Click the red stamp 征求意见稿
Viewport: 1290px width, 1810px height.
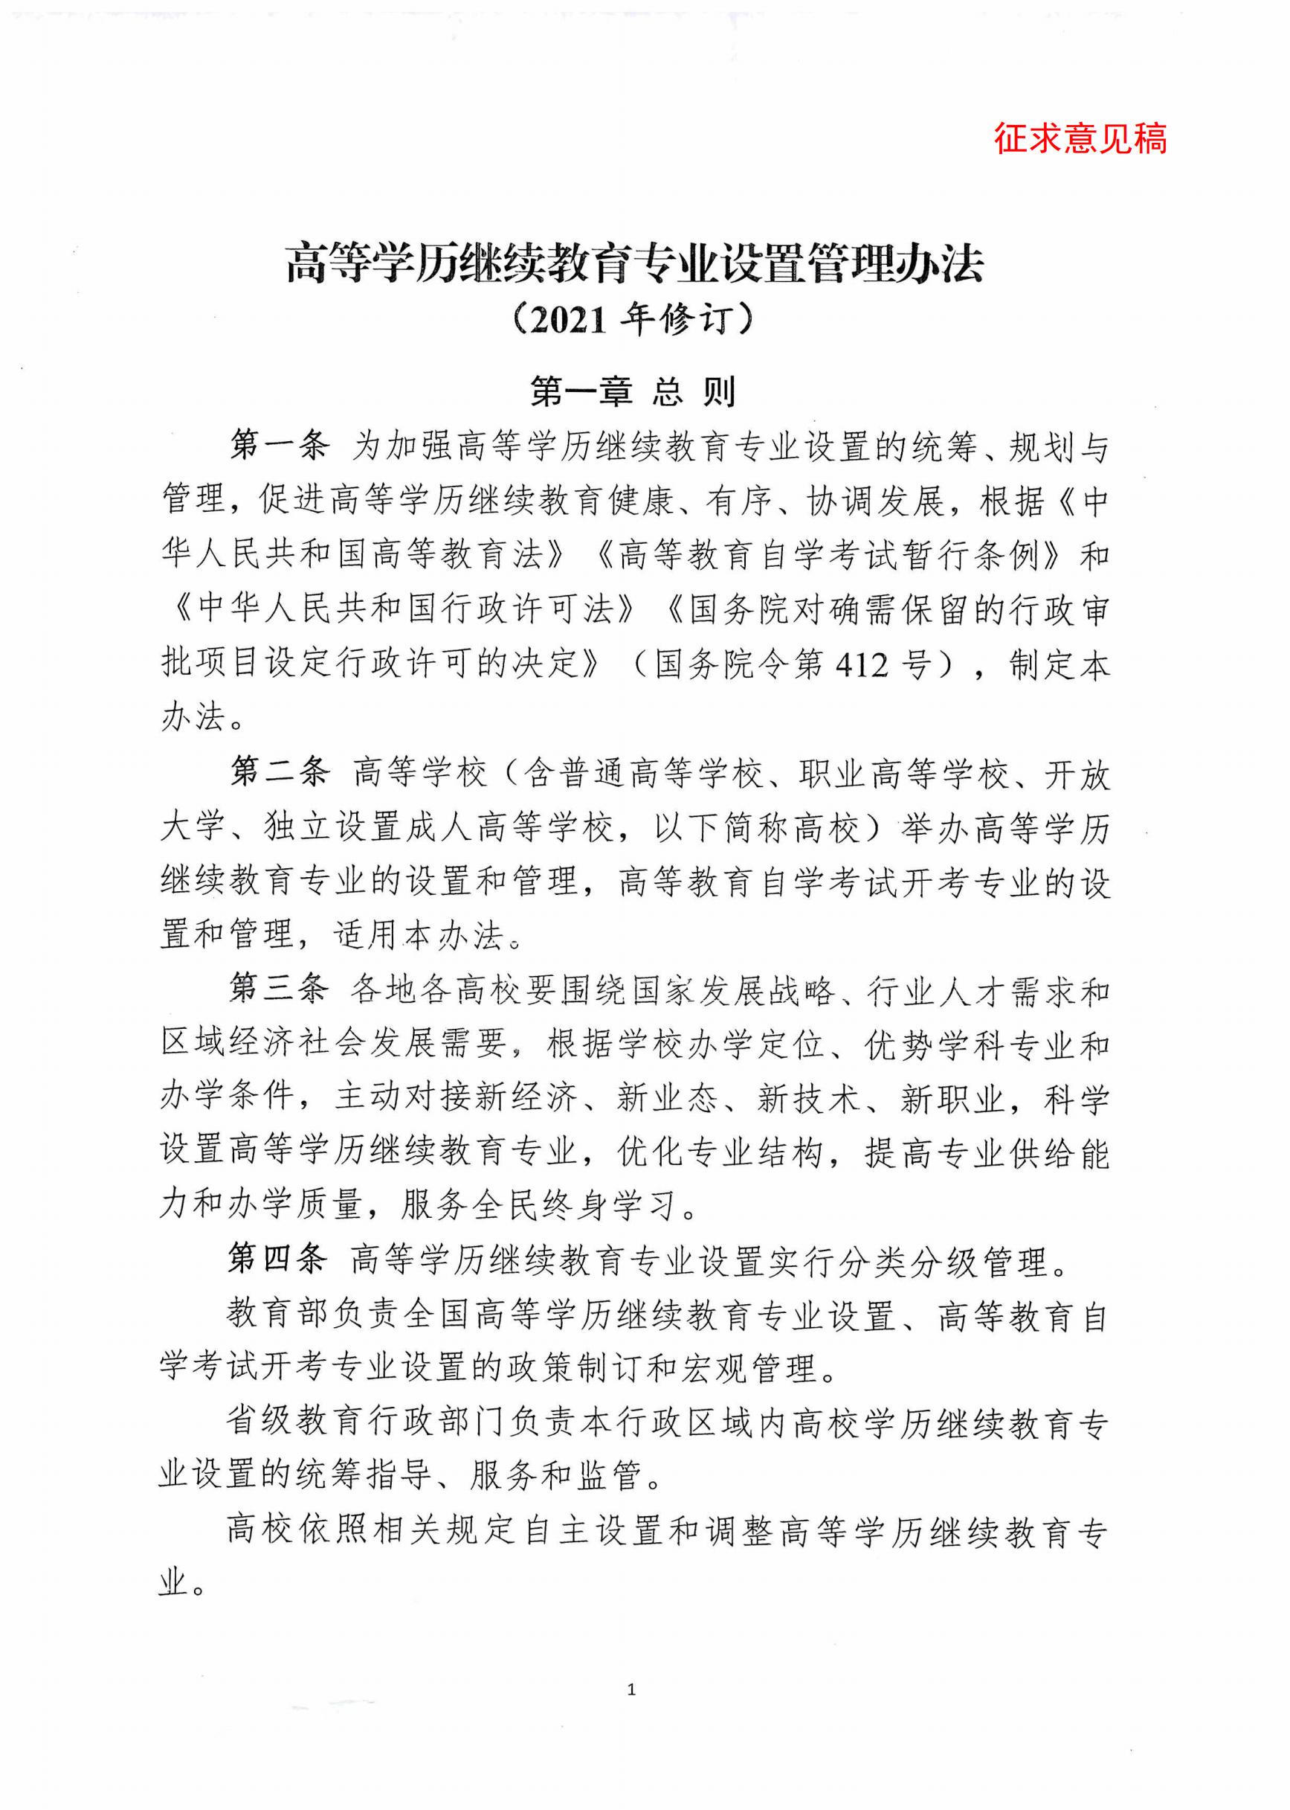(1080, 138)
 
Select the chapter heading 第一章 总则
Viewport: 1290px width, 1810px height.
(633, 391)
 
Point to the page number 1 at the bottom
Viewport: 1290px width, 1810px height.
(631, 1690)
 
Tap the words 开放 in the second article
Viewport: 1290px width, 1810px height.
(1077, 773)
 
